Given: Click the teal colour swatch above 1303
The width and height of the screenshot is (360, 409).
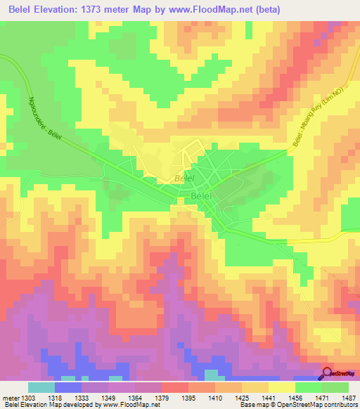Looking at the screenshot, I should [41, 387].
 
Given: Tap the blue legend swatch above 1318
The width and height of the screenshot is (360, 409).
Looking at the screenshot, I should [68, 387].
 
